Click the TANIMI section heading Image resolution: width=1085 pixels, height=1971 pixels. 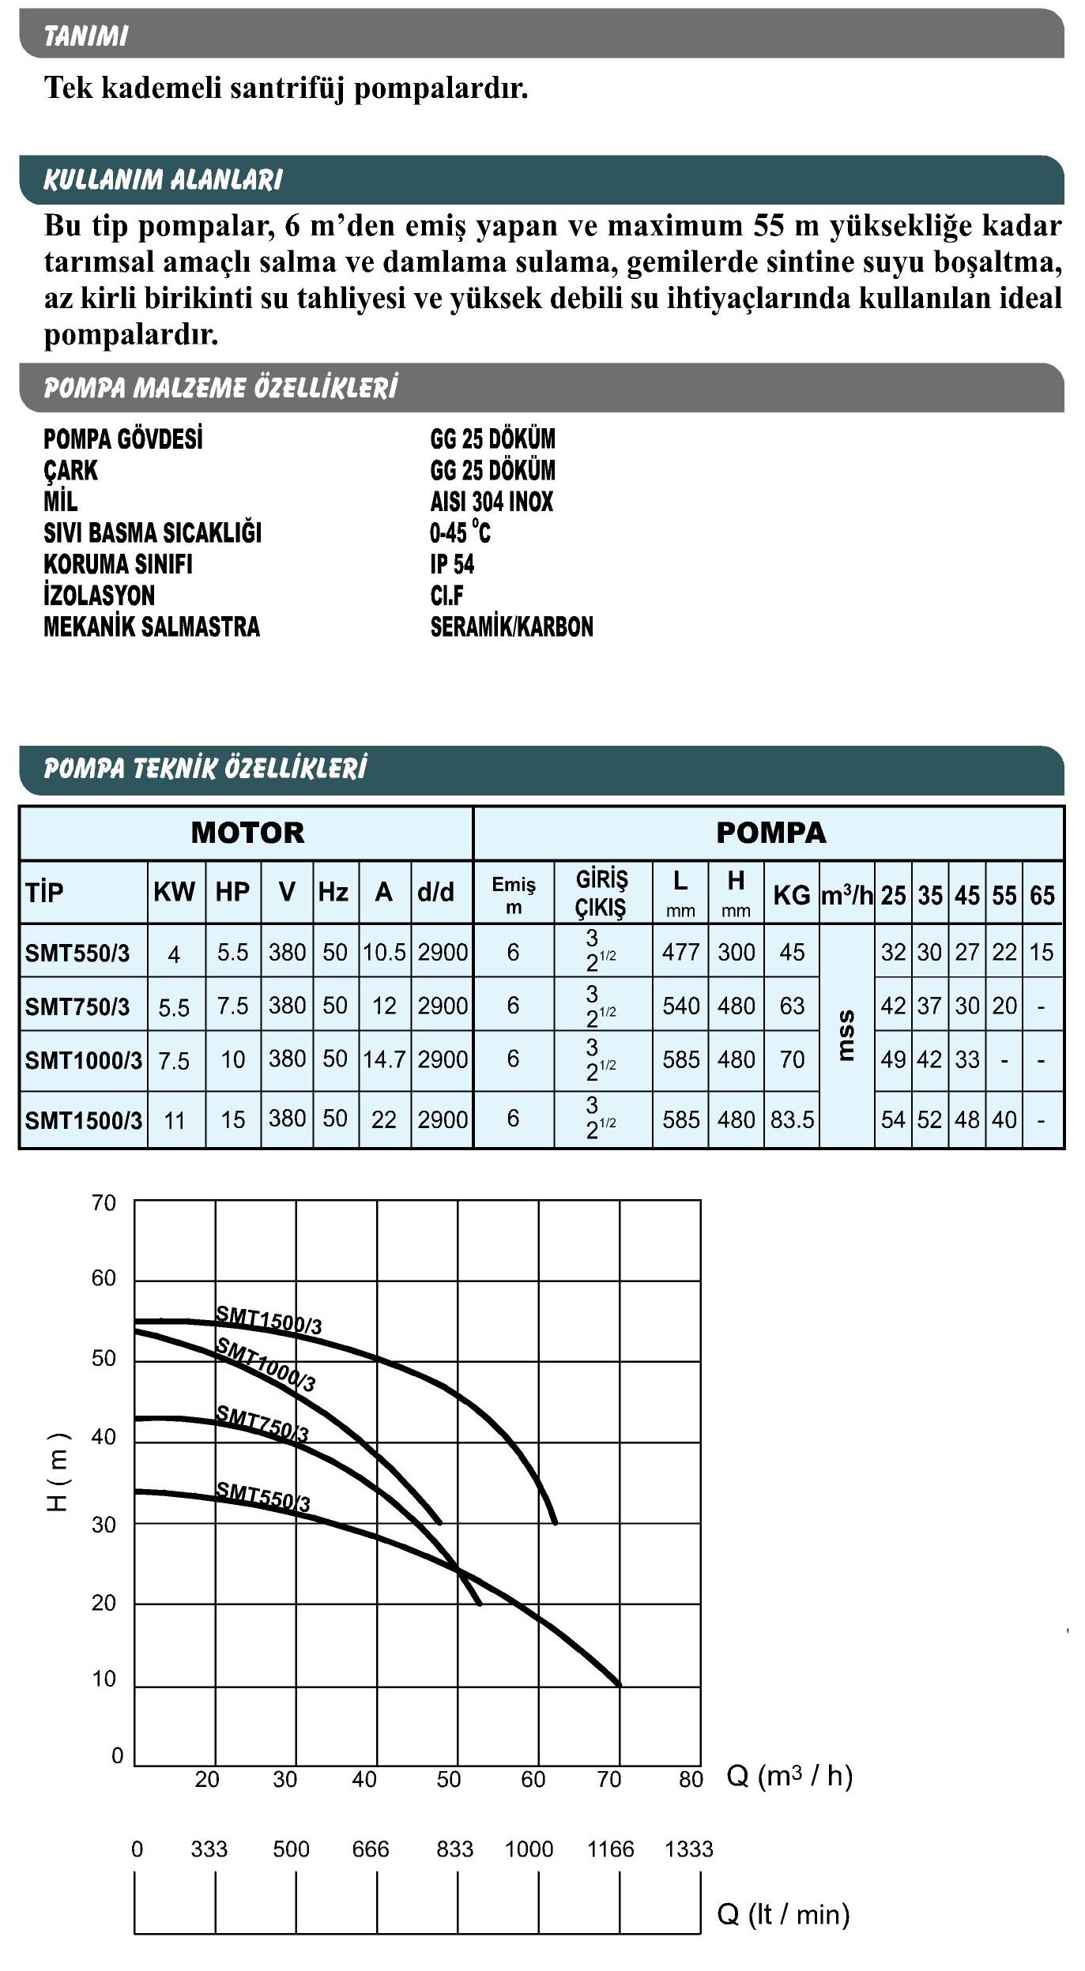coord(85,36)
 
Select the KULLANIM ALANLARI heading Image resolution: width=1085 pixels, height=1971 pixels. coord(163,180)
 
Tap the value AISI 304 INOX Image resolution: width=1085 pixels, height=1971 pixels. coord(492,502)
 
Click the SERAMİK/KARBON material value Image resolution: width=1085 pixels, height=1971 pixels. coord(511,627)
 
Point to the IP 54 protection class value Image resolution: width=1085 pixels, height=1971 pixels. coord(452,564)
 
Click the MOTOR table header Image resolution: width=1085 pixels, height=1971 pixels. coord(247,833)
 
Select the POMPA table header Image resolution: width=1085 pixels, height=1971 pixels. coord(770,833)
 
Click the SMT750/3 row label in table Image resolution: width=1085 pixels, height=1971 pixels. coord(77,1006)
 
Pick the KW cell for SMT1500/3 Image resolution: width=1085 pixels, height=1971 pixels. coord(174,1120)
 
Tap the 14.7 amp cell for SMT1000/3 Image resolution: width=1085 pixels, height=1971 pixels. coord(384,1059)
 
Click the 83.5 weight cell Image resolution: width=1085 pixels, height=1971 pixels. coord(792,1120)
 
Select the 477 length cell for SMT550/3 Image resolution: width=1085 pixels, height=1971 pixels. coord(680,953)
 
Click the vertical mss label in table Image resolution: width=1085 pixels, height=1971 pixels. coord(846,1036)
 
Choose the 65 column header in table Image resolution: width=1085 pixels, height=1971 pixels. coord(1042,895)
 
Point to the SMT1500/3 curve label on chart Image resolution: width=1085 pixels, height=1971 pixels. coord(269,1320)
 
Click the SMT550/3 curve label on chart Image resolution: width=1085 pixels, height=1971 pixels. coord(263,1496)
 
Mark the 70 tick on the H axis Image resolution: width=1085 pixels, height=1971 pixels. coord(104,1203)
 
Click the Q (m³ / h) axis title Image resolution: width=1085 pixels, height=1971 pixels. coord(789,1776)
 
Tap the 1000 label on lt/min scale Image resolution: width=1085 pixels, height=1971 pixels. coord(529,1849)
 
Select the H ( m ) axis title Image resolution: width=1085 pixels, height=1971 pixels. coord(58,1472)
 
